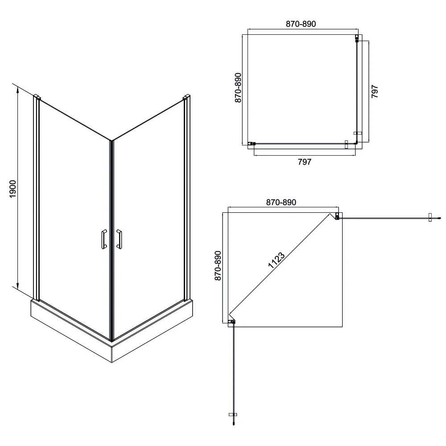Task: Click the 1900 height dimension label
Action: pos(13,189)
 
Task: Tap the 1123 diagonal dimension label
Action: pos(276,260)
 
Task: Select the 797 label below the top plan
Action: pos(304,162)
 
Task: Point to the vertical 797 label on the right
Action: pos(375,91)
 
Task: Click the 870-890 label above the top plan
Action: pos(301,24)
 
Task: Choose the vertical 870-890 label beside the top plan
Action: pos(238,87)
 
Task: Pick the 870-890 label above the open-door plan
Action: pos(281,202)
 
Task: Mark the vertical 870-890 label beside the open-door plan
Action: pos(218,266)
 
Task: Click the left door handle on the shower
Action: pos(104,239)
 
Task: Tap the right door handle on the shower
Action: pos(119,239)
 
